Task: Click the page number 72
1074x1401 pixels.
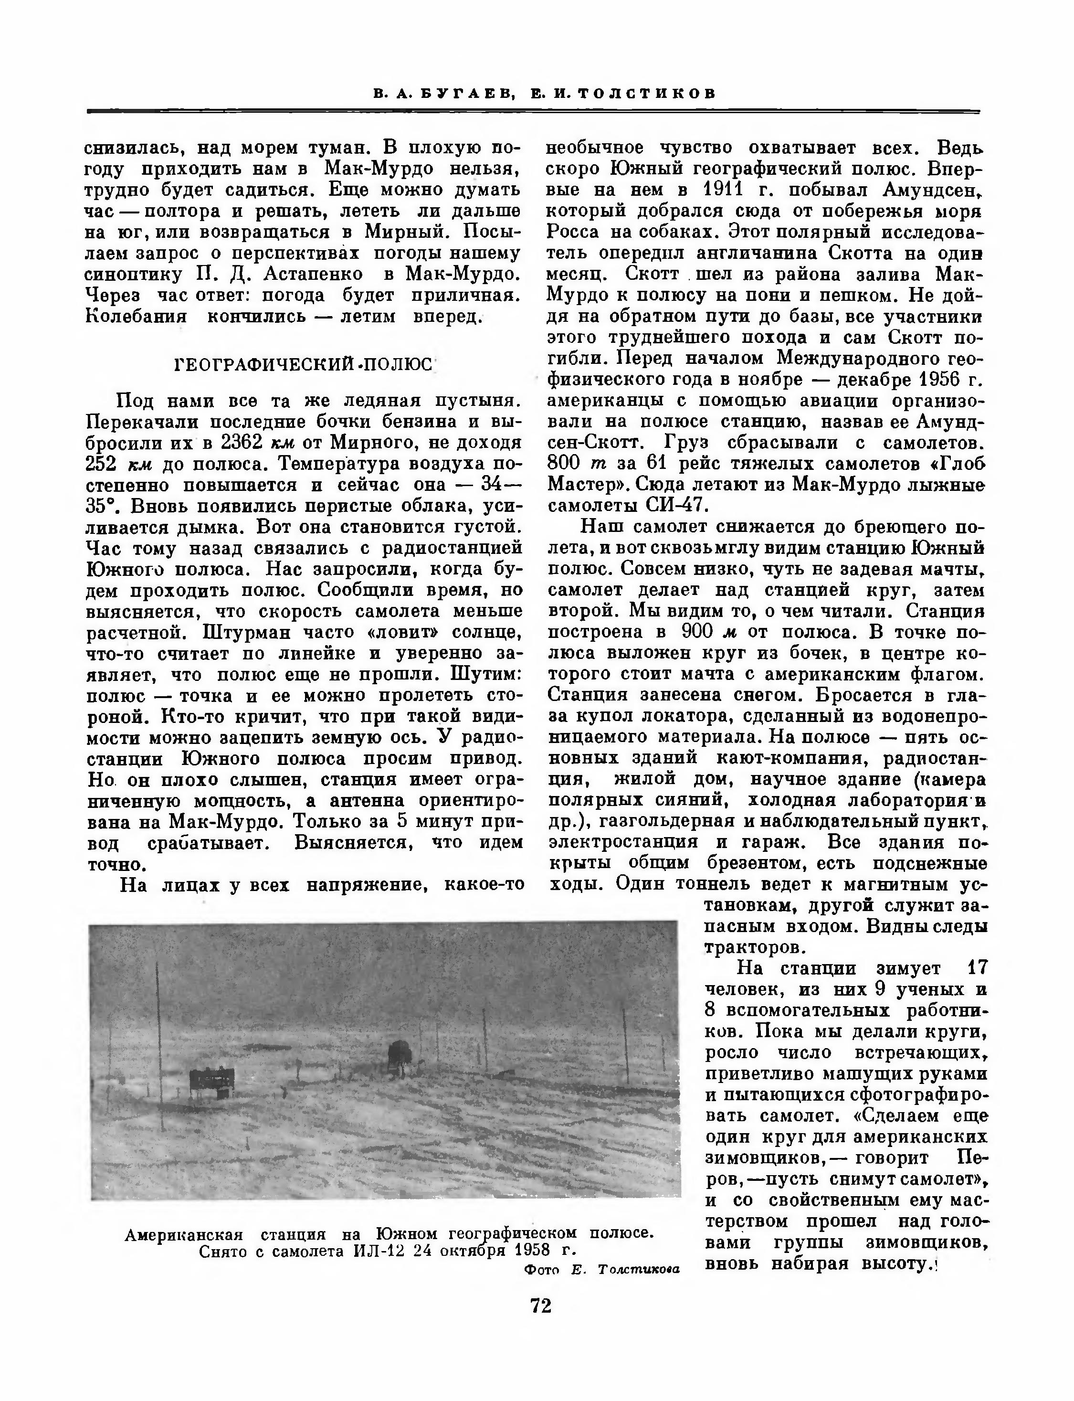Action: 541,1305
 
